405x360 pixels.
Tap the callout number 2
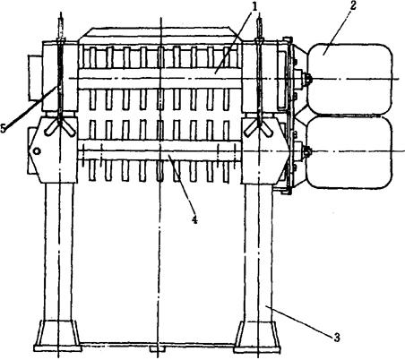353,6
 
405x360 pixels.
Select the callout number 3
337,338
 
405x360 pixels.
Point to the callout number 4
194,220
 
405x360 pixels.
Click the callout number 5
3,128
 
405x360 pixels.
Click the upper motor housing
349,79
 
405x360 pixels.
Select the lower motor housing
349,152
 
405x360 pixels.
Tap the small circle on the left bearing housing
37,151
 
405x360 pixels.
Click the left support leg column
59,252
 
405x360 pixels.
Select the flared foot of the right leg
257,337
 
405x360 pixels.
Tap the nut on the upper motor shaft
306,79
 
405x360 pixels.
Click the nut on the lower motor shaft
306,151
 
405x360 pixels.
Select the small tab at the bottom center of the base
157,349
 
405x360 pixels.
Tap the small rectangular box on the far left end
35,77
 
